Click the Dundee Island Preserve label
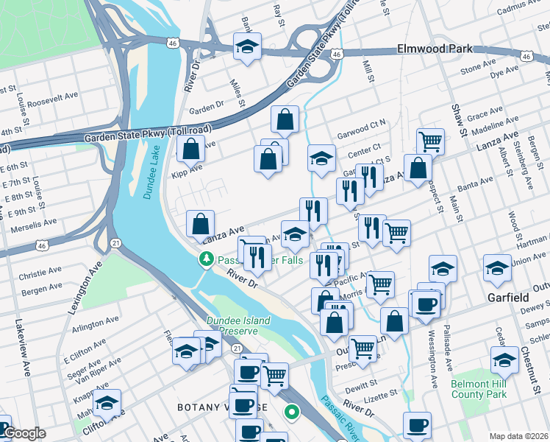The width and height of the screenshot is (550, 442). [x=238, y=326]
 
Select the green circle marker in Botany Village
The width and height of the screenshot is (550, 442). [x=292, y=413]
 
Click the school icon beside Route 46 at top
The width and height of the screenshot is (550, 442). [x=248, y=46]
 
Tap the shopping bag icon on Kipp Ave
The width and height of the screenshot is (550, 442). [x=191, y=149]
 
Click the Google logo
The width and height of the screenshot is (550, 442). [x=24, y=434]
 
